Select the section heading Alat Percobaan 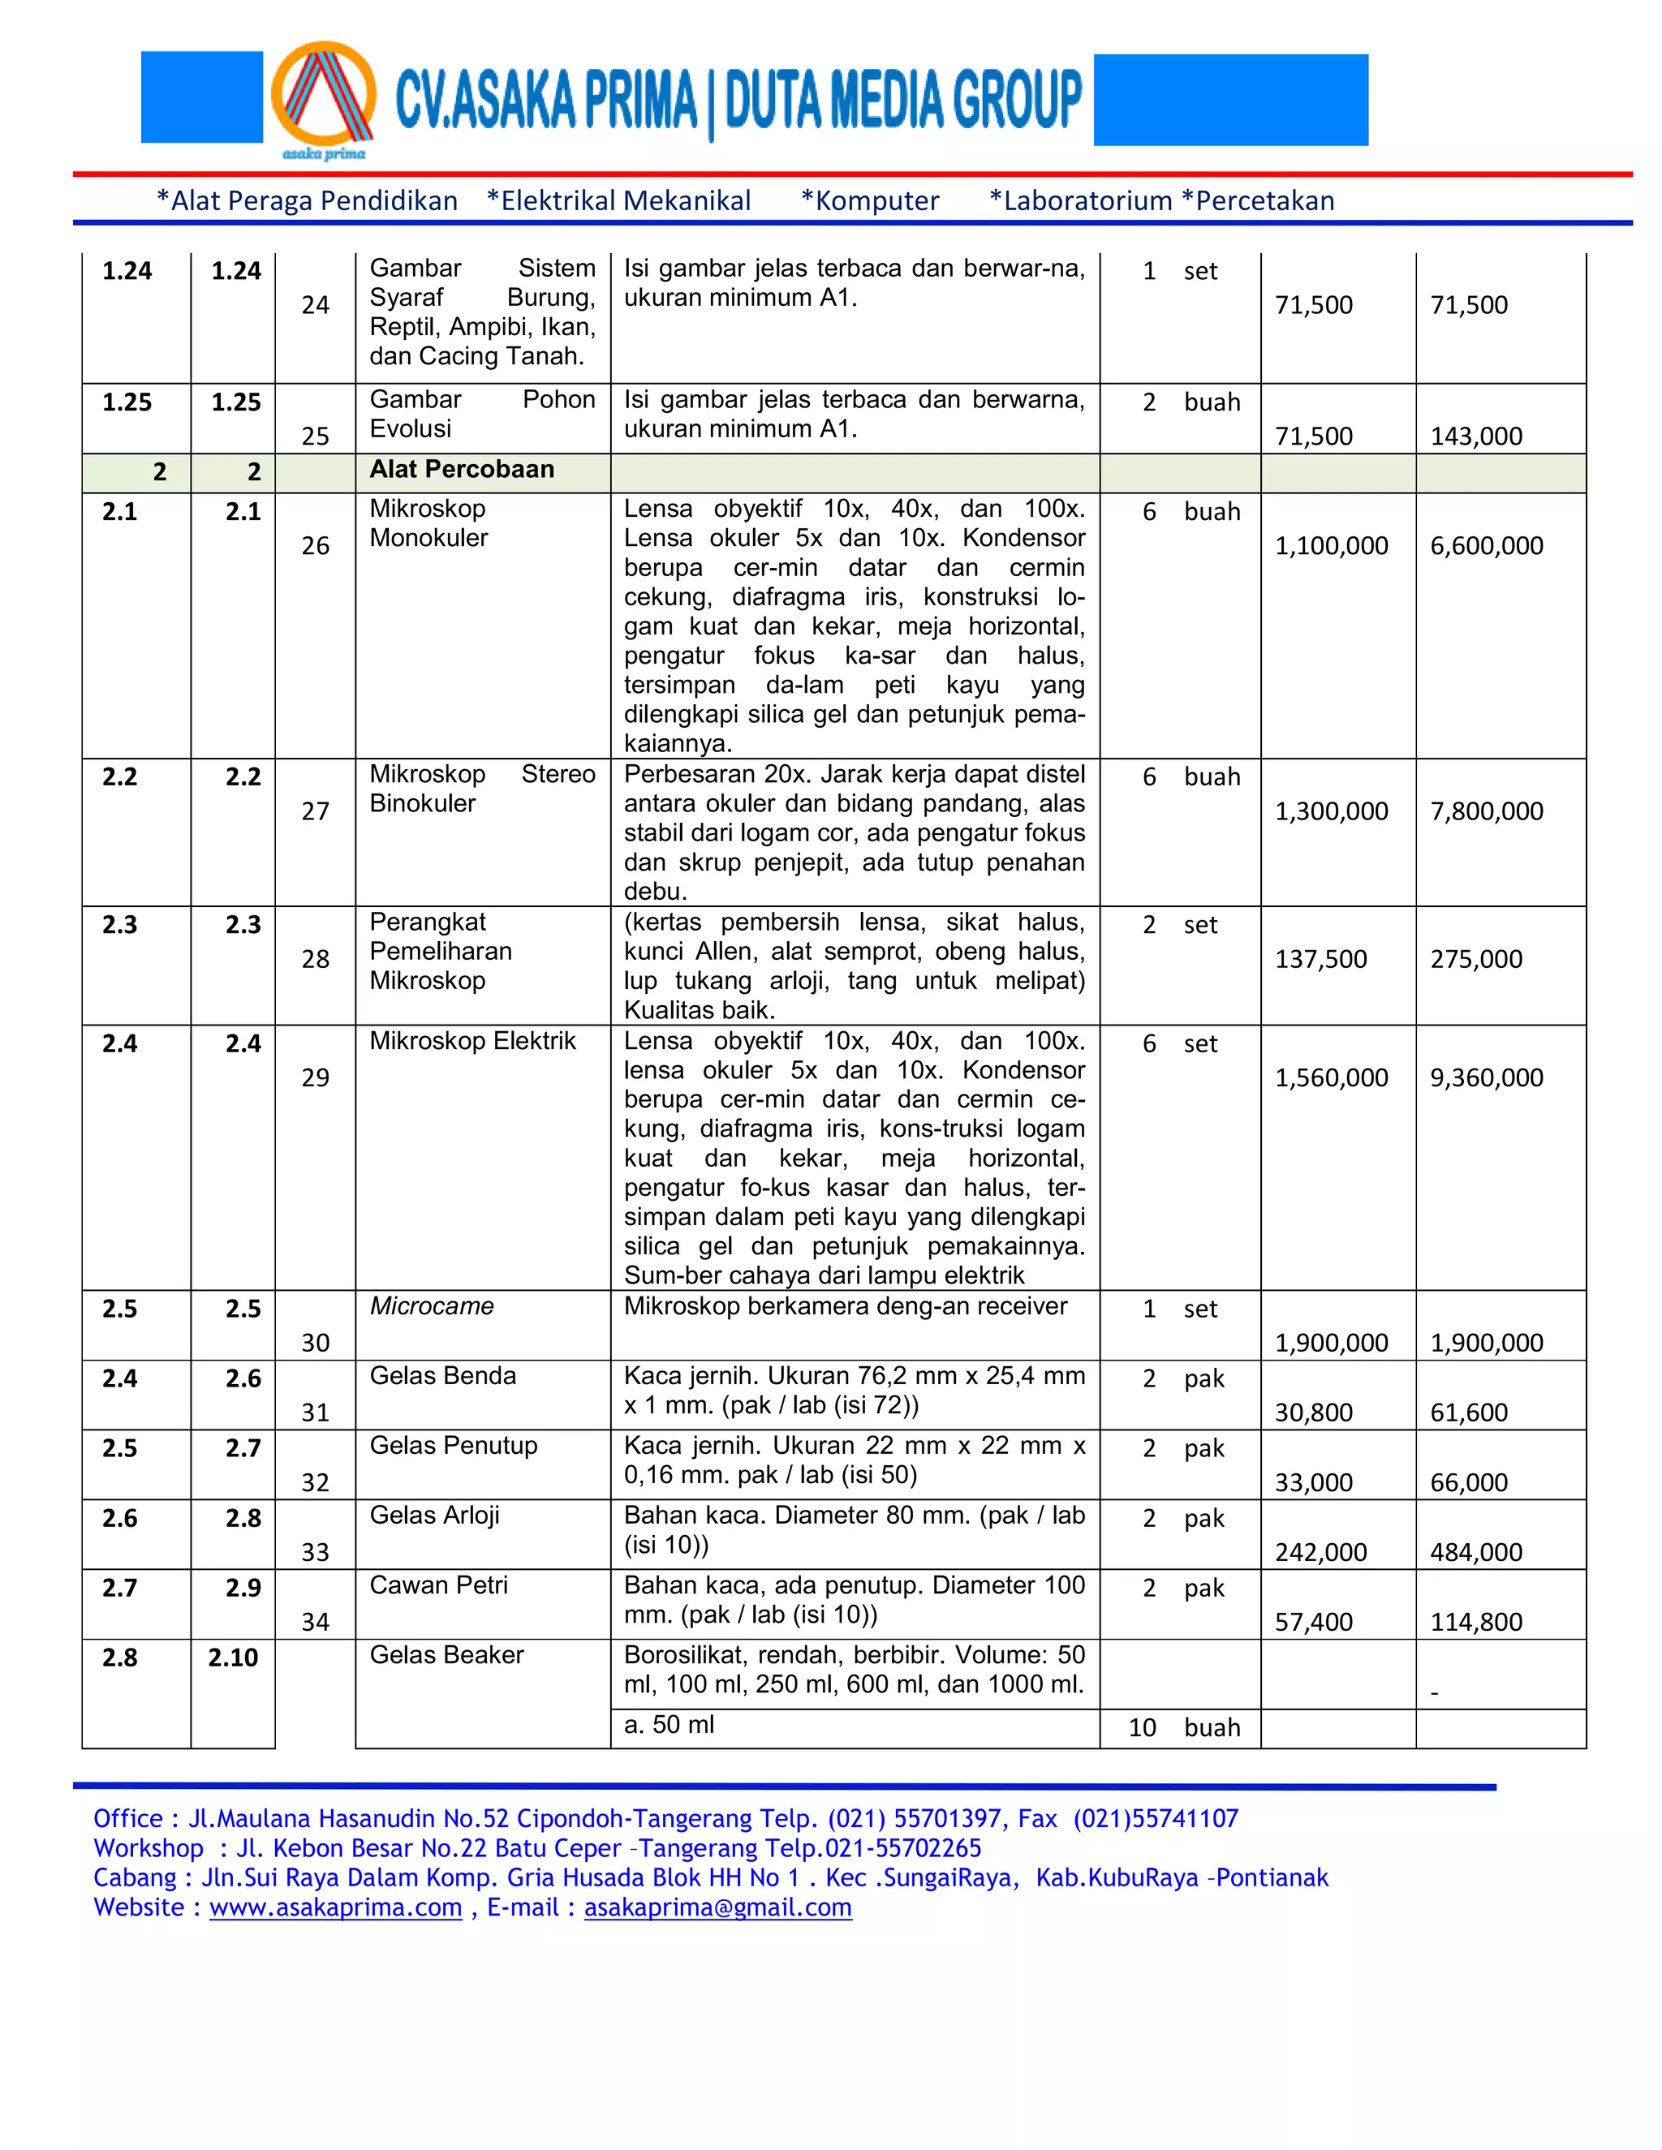461,470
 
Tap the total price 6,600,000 1486,545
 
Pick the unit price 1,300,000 1330,811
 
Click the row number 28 315,959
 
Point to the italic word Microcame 431,1306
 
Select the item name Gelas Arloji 434,1515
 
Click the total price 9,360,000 1486,1078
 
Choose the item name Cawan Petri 438,1585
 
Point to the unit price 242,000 1320,1552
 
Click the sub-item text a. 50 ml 669,1725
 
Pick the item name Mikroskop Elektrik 471,1041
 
